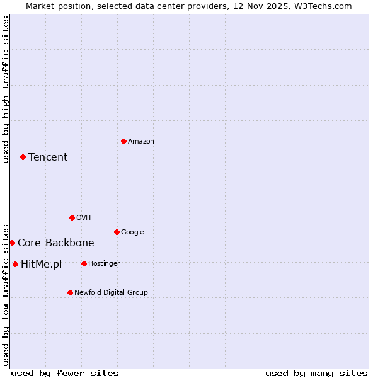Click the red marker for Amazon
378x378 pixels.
click(x=123, y=141)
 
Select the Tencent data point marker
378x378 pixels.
click(x=23, y=157)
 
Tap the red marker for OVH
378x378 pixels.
click(x=72, y=217)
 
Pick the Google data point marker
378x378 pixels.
click(x=117, y=232)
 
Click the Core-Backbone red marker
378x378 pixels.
click(x=12, y=243)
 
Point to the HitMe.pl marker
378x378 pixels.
click(x=15, y=264)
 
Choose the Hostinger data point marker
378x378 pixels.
click(x=84, y=263)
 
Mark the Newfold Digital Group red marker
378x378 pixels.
click(x=70, y=292)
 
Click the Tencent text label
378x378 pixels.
click(x=48, y=157)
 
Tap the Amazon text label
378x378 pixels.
click(x=141, y=141)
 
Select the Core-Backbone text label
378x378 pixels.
click(x=56, y=243)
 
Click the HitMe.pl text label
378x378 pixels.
click(x=42, y=264)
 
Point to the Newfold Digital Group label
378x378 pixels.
click(x=111, y=292)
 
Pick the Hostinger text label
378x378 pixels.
click(x=104, y=263)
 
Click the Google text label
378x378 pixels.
click(x=132, y=232)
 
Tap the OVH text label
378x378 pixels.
click(x=83, y=217)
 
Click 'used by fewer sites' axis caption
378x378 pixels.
click(x=65, y=373)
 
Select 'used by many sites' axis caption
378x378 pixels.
click(x=316, y=373)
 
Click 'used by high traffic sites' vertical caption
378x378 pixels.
click(x=6, y=89)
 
